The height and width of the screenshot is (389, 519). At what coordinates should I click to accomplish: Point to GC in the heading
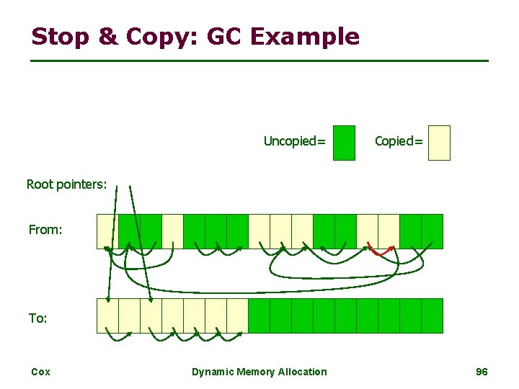(x=226, y=36)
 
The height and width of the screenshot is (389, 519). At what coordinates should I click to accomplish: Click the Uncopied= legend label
(x=294, y=141)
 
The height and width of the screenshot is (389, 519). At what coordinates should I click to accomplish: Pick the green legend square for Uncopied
(x=345, y=143)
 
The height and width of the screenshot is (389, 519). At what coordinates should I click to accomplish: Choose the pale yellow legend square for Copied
(x=438, y=143)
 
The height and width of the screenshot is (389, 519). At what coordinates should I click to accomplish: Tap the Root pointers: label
(x=66, y=184)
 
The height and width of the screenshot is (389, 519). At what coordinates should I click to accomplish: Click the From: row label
(x=45, y=230)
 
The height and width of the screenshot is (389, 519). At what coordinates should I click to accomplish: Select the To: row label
(x=38, y=318)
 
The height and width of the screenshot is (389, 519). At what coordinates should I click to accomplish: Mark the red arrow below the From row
(x=381, y=251)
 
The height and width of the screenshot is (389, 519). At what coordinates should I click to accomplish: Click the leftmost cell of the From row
(x=107, y=231)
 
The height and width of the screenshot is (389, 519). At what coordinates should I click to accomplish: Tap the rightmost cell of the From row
(x=432, y=231)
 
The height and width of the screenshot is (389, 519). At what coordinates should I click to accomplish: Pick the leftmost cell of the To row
(x=107, y=316)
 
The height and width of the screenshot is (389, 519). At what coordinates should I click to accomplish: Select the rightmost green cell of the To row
(x=432, y=316)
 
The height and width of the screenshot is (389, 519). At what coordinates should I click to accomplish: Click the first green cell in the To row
(x=259, y=316)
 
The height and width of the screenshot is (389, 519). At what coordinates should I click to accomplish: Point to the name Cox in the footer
(x=40, y=372)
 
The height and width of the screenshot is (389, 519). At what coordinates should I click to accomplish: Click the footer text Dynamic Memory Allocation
(x=259, y=372)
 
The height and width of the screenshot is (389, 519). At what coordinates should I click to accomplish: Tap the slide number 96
(x=482, y=372)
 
